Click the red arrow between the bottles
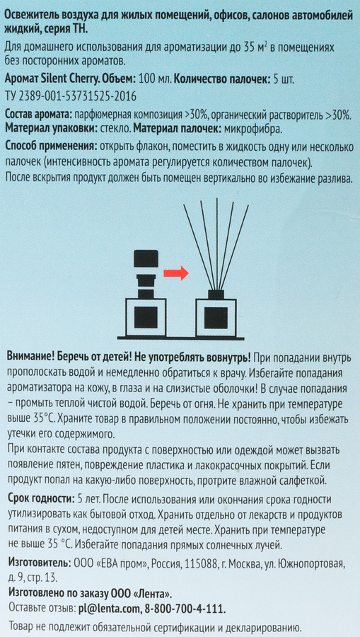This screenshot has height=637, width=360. tap(175, 273)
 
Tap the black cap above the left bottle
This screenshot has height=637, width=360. tap(146, 258)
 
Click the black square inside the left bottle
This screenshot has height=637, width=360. tap(146, 317)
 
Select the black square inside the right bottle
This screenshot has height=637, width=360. tap(216, 317)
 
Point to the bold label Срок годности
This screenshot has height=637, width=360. tap(40, 498)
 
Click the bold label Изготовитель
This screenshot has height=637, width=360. tap(39, 564)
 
